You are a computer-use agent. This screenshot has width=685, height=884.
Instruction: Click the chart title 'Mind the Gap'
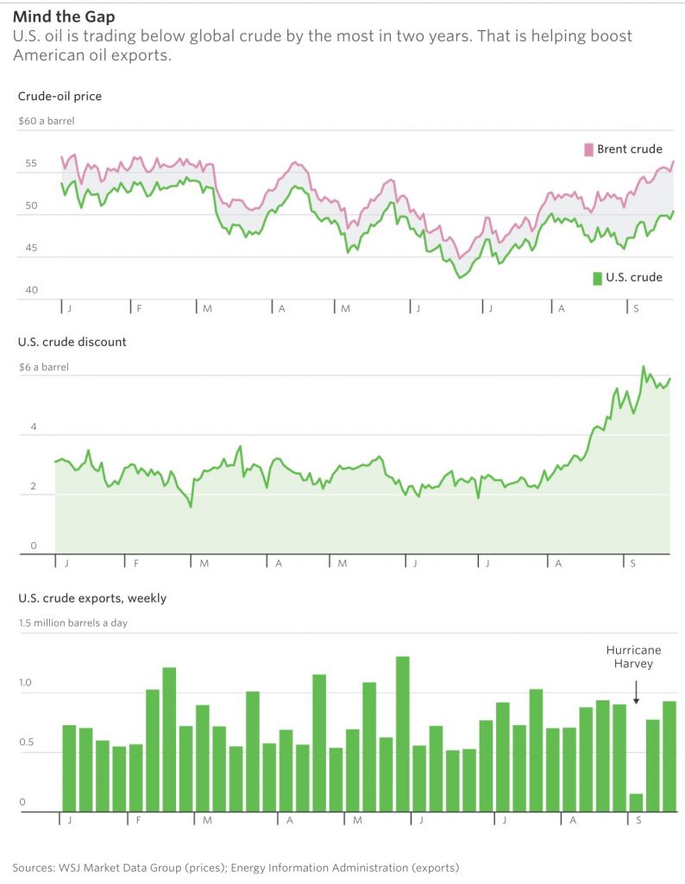coord(64,16)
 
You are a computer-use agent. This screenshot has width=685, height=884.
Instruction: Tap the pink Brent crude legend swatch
coord(588,149)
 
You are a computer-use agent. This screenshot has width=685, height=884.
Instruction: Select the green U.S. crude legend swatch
coord(597,277)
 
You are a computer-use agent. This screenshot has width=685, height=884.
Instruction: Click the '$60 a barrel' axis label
coord(46,121)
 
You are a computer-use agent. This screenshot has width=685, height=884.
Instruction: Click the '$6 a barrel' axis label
coord(43,367)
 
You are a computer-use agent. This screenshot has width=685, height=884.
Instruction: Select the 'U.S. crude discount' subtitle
coord(72,342)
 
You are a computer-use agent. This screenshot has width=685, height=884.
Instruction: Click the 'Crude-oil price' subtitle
coord(60,96)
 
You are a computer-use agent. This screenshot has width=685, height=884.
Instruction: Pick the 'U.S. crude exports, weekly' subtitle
coord(92,597)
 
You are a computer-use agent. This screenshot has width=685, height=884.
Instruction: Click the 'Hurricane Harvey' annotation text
coord(629,657)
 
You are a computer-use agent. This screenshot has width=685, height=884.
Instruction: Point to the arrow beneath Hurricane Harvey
coord(636,692)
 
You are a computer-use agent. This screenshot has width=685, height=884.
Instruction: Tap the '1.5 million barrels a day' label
coord(73,622)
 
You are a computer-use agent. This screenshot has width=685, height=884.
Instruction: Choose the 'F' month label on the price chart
coord(137,308)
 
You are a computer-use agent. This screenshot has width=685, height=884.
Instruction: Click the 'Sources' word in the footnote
coord(33,867)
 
